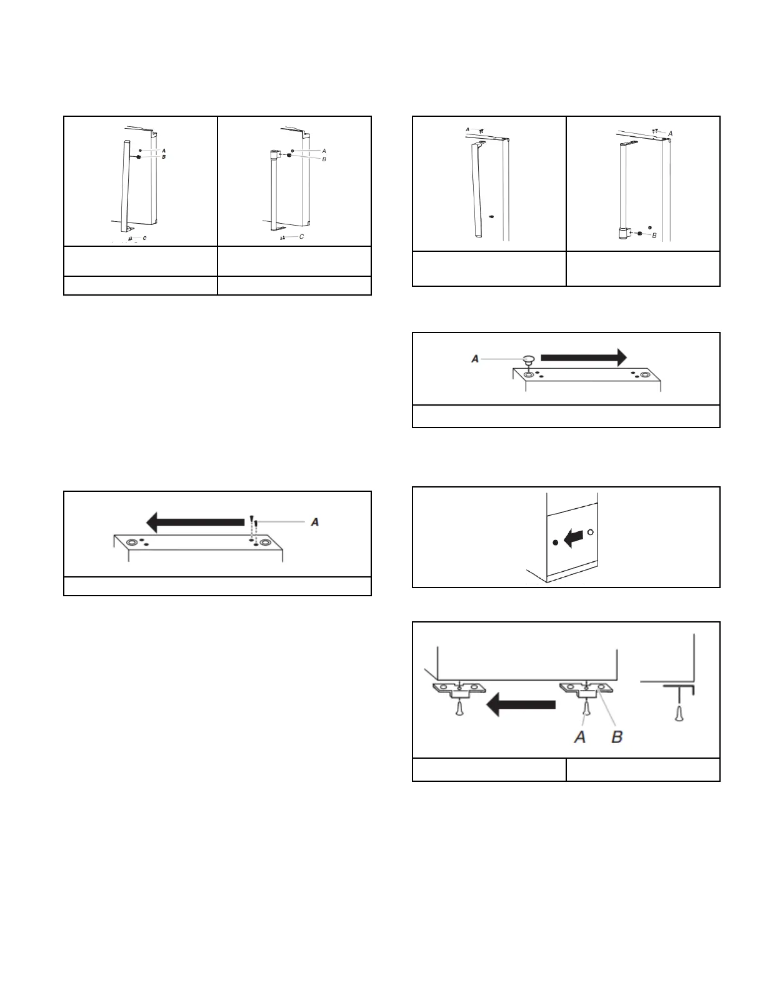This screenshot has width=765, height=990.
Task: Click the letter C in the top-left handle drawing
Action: pos(144,238)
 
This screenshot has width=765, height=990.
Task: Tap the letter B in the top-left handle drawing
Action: pos(164,157)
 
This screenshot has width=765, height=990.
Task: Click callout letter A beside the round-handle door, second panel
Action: pos(324,151)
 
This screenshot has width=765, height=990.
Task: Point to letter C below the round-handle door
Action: pos(302,237)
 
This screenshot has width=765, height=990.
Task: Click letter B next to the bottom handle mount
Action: pos(654,236)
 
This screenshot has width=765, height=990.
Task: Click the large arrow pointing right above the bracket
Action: pos(582,357)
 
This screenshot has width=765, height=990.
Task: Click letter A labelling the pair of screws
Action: pos(314,522)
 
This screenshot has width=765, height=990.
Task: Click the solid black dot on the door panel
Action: pos(556,542)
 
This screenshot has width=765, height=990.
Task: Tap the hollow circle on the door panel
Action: pos(591,532)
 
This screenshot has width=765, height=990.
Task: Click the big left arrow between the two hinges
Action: pos(521,706)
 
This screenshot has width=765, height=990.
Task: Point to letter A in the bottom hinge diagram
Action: pos(580,737)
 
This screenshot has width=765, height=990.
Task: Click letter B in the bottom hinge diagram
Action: pos(616,737)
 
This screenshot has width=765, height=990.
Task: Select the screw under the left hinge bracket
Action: pos(460,710)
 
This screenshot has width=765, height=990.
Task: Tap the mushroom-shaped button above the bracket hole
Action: pos(529,359)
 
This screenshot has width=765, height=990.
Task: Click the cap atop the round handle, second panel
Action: pos(274,154)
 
